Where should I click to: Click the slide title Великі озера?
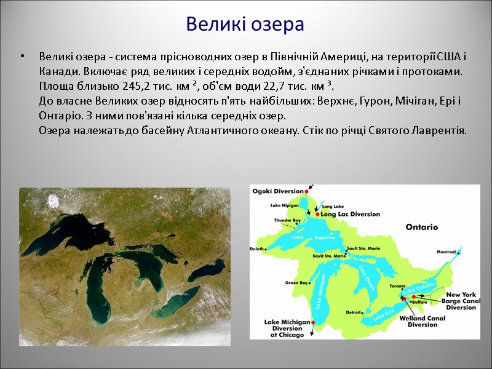tap(245, 25)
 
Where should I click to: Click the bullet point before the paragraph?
tap(22, 58)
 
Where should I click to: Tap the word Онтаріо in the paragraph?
tap(59, 116)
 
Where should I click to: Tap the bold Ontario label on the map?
tap(421, 227)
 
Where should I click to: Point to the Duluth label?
tap(258, 249)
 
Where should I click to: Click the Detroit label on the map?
tap(354, 312)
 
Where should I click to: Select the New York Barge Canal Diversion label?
tap(461, 301)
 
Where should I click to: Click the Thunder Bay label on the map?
tap(287, 220)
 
